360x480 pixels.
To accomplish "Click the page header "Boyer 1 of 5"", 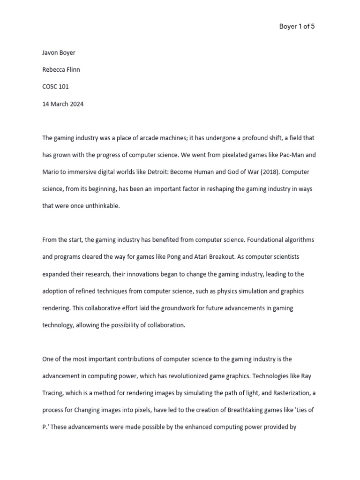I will tap(297, 27).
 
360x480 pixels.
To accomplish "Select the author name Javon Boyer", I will tap(59, 52).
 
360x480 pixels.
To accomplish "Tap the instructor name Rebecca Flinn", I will tap(61, 70).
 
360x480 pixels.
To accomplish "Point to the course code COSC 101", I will tap(55, 87).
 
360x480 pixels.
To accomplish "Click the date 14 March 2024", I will tap(63, 104).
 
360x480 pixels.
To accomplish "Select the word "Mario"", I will tap(51, 172).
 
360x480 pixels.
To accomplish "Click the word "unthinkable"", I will tap(102, 206).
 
